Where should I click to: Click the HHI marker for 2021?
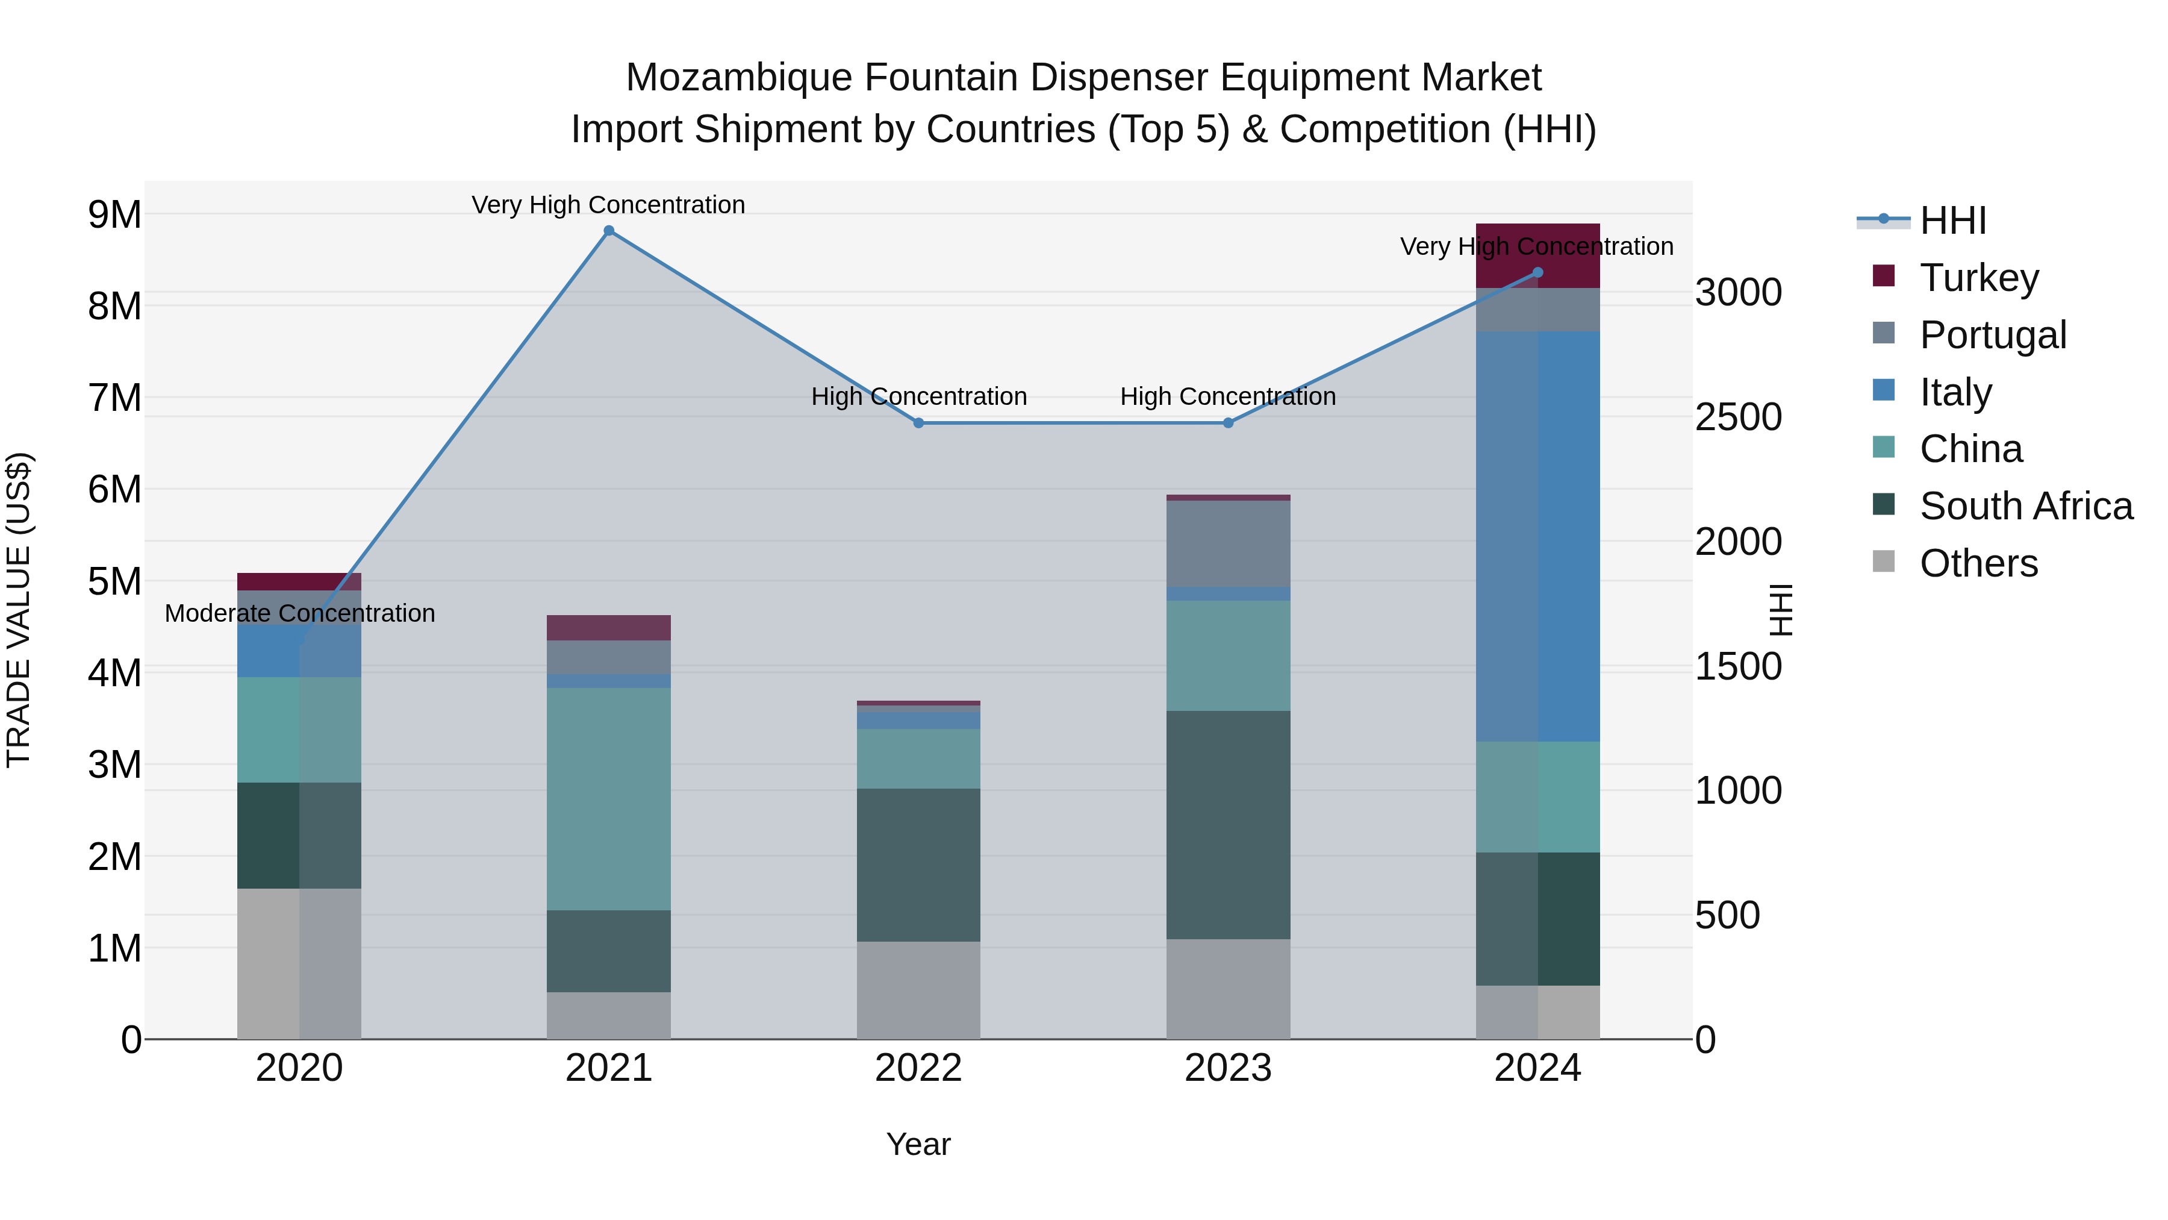[608, 231]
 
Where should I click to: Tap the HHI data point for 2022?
[918, 423]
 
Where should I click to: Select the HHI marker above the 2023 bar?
[1228, 423]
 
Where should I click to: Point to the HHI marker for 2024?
[1537, 272]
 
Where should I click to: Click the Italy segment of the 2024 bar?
[1537, 536]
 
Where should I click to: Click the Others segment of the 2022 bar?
[918, 989]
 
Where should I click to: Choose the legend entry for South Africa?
[2026, 506]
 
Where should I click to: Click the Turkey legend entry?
[1979, 278]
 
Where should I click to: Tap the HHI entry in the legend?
[1952, 221]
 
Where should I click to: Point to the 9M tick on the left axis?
[115, 214]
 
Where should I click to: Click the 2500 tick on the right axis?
[1738, 417]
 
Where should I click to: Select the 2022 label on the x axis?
[918, 1068]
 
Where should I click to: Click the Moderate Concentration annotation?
[300, 613]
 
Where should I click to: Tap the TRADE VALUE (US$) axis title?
[19, 610]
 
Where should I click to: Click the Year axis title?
[918, 1144]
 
